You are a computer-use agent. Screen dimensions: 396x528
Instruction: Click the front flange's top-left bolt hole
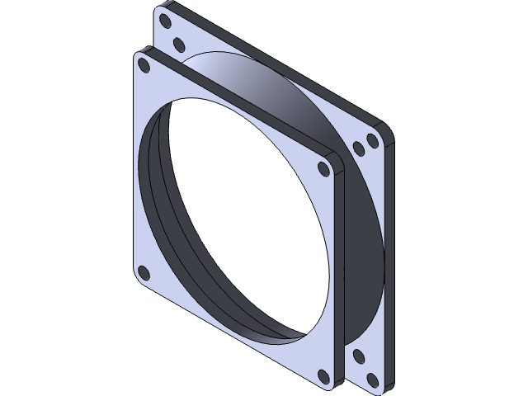[144, 63]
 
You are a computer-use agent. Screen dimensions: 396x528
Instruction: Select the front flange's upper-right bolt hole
[324, 168]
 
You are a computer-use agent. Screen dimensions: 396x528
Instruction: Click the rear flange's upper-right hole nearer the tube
[359, 148]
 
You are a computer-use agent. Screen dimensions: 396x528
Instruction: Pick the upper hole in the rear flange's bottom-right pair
[358, 356]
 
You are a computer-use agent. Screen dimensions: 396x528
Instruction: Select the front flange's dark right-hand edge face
[338, 272]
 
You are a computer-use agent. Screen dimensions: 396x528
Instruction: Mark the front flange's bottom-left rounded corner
[137, 280]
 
